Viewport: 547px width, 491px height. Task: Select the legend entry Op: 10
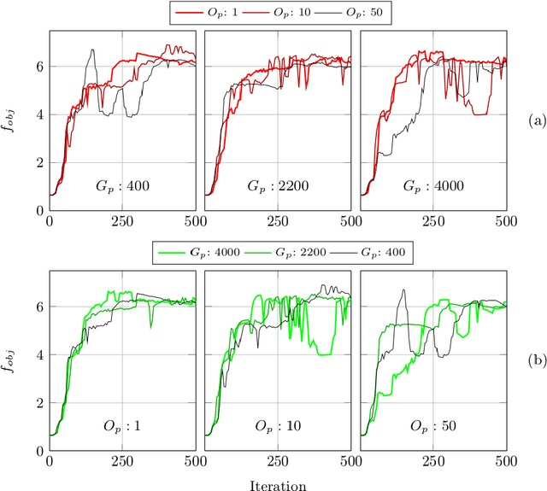click(x=288, y=13)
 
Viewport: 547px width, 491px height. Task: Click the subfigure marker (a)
click(x=536, y=120)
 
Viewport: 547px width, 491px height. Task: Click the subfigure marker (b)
click(x=536, y=360)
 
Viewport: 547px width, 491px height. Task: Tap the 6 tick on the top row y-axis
click(x=39, y=66)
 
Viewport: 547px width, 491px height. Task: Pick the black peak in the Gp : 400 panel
click(x=92, y=50)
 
